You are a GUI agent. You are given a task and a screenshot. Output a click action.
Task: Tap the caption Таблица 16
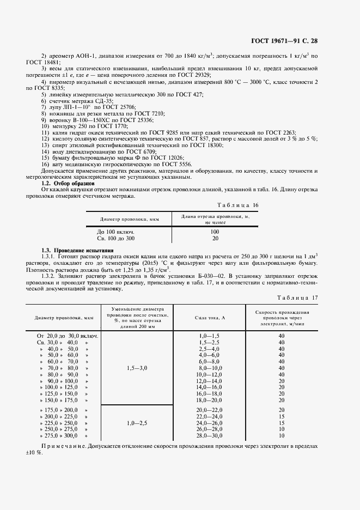point(237,205)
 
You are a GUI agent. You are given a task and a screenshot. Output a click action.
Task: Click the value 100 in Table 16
point(215,232)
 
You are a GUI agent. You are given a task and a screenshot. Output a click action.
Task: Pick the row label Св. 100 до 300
point(115,238)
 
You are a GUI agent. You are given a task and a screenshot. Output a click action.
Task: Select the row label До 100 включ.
point(115,232)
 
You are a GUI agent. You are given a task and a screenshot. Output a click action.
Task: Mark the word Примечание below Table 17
point(60,446)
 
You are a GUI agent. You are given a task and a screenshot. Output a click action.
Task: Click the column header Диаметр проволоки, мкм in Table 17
point(64,317)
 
